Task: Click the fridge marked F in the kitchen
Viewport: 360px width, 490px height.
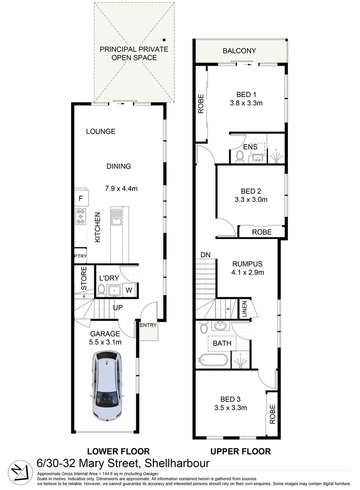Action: coord(81,198)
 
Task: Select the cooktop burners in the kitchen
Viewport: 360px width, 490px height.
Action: coord(81,217)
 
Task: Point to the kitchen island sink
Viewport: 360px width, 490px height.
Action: coord(116,216)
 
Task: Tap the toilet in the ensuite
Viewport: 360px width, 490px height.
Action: coord(240,156)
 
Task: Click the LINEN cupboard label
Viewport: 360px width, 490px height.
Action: coord(244,309)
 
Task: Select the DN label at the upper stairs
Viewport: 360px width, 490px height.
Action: coord(206,255)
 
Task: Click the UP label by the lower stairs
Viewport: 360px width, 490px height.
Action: coord(118,308)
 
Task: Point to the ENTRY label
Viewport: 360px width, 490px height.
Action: coord(148,325)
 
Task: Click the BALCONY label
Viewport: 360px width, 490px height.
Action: coord(239,51)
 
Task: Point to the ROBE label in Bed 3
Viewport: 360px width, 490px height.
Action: coord(272,414)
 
